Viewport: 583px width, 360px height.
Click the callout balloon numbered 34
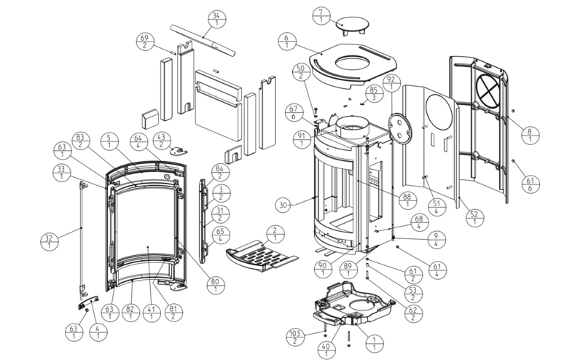(215, 19)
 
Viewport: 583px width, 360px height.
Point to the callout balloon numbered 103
(294, 337)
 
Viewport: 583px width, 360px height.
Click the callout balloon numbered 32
(50, 240)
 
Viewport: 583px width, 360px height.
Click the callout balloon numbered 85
(374, 95)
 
